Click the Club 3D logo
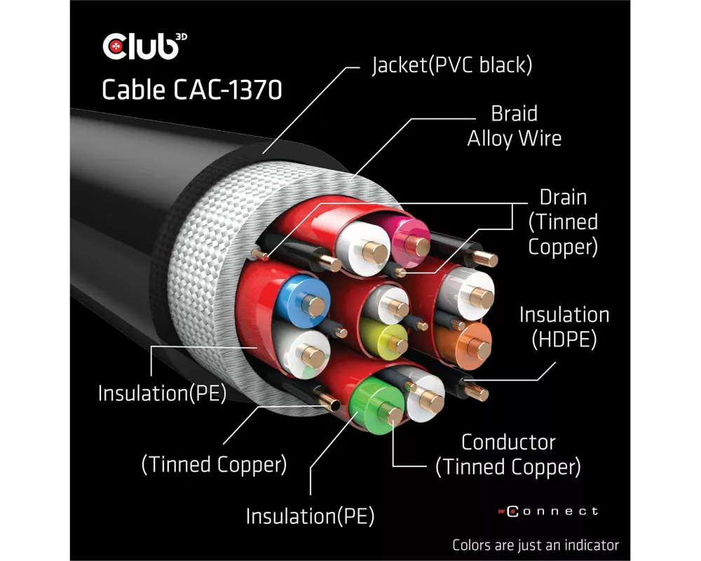[144, 46]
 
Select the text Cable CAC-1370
[191, 90]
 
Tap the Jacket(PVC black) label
[451, 66]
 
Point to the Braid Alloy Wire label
[515, 126]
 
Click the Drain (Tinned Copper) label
[563, 222]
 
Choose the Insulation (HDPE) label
[564, 327]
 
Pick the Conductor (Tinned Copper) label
[508, 454]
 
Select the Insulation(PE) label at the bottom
[309, 517]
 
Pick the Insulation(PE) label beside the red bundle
[162, 393]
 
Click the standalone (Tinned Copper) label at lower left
[215, 464]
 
